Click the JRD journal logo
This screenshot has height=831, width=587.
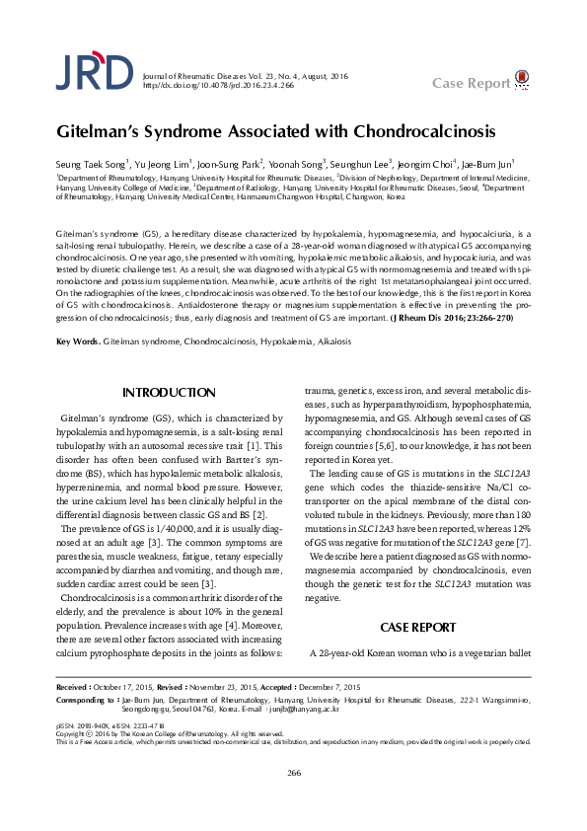94,72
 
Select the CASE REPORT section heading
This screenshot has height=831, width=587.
418,627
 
